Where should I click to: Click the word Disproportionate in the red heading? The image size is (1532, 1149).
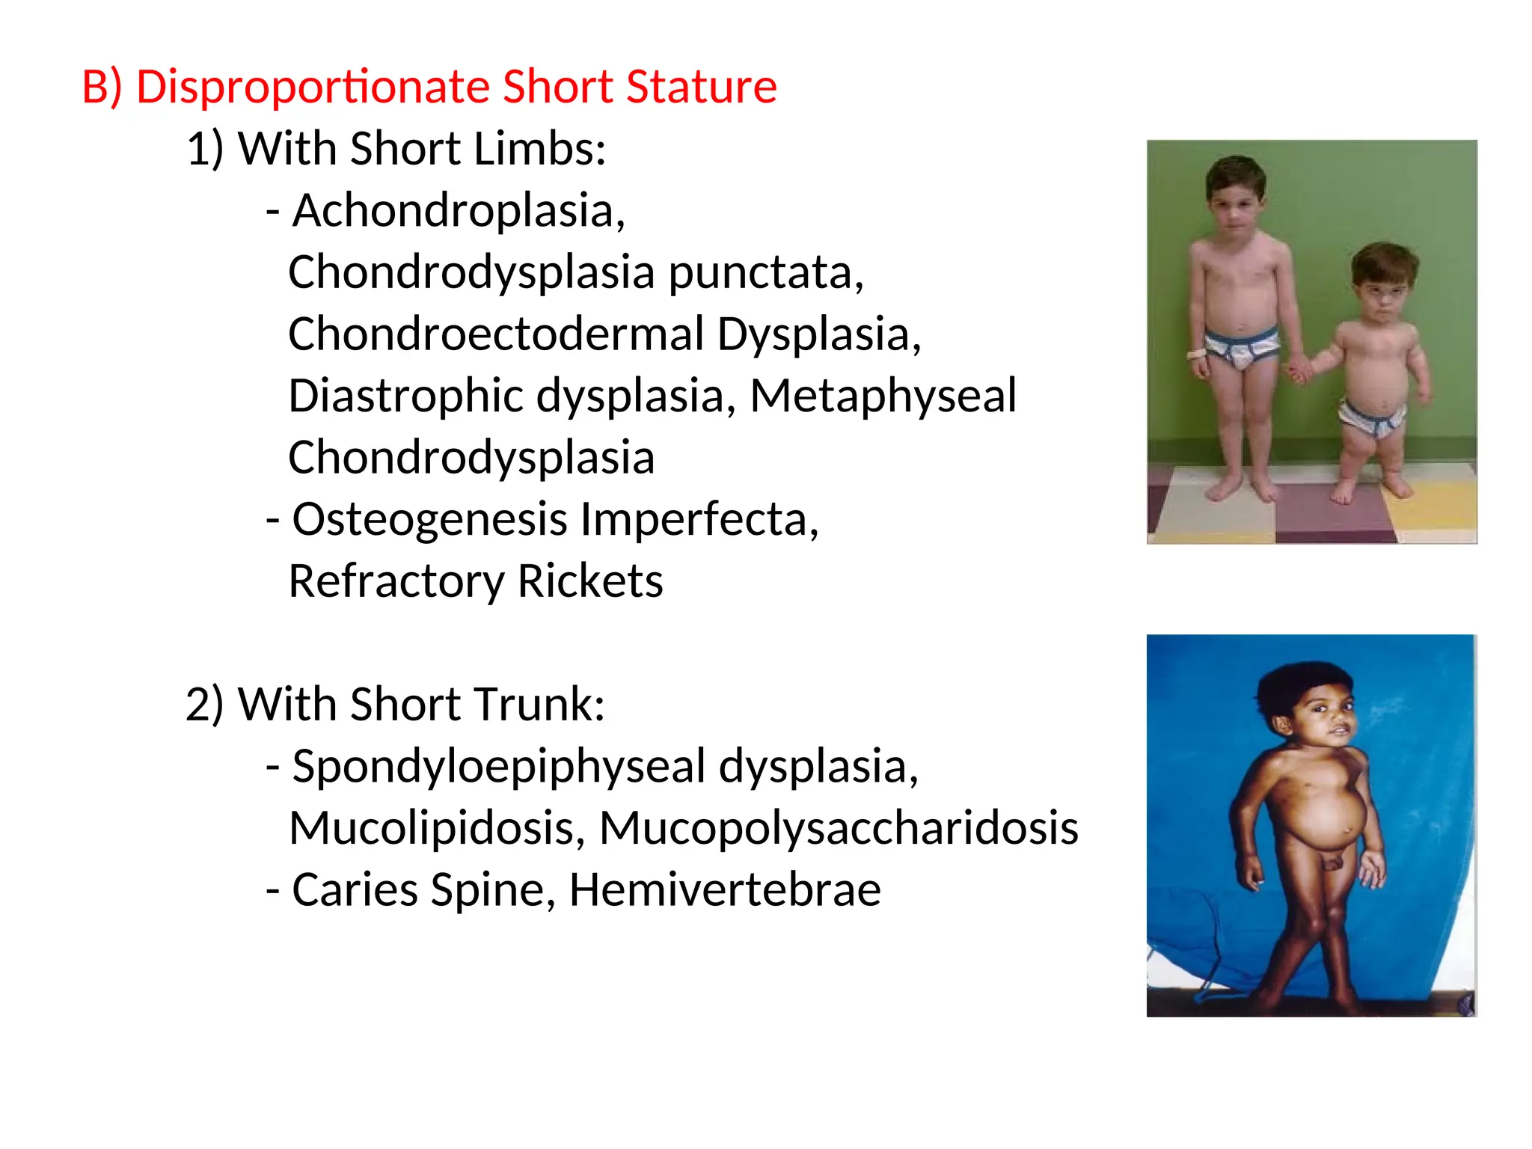click(x=312, y=87)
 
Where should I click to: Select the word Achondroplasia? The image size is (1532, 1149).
click(x=458, y=210)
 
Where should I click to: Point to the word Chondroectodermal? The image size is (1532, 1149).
click(x=496, y=334)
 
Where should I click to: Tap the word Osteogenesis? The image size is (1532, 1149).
click(x=430, y=519)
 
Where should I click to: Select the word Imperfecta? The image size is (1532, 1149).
click(x=699, y=519)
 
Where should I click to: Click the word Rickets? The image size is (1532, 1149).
click(x=589, y=581)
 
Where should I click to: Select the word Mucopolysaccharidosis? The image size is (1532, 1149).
click(x=839, y=828)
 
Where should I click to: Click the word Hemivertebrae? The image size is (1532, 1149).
click(x=725, y=890)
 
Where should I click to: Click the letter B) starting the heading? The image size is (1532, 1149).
click(x=102, y=87)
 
